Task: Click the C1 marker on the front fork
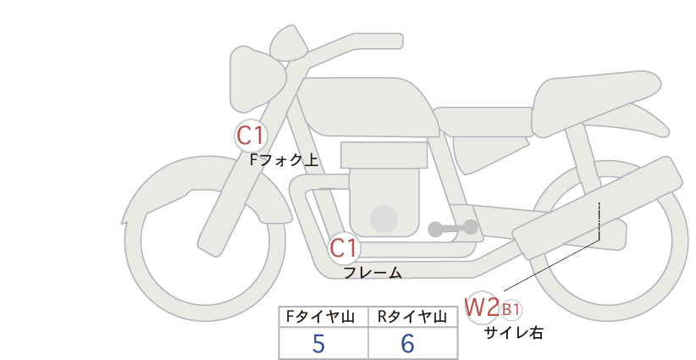tap(251, 136)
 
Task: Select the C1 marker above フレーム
tap(345, 248)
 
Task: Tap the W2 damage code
tap(482, 307)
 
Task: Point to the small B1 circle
tap(511, 309)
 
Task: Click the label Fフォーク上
tap(284, 160)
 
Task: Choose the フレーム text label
tap(373, 273)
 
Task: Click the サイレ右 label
tap(514, 333)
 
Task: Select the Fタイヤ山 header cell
tap(323, 317)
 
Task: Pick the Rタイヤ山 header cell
tap(413, 317)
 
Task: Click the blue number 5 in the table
tap(318, 343)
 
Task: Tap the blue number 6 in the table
tap(407, 343)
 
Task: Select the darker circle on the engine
tap(384, 219)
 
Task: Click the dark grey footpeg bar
tap(453, 229)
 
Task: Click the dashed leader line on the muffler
tap(599, 220)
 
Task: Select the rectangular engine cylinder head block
tap(384, 155)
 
